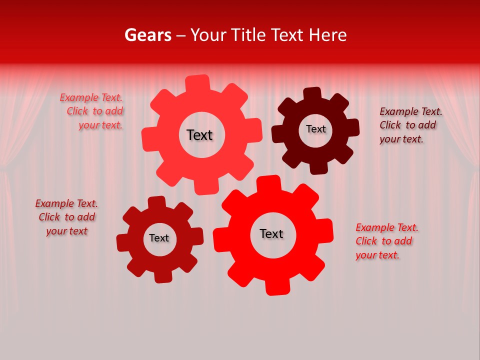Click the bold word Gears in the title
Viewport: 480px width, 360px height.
[148, 35]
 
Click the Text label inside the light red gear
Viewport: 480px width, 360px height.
[199, 135]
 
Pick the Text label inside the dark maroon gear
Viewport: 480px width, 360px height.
[316, 129]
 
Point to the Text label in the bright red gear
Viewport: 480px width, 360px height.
[271, 233]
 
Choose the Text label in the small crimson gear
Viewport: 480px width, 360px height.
[159, 238]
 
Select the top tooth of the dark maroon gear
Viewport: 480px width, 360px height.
[312, 94]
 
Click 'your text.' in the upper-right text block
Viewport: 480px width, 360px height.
[401, 139]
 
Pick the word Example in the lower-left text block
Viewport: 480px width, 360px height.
[54, 203]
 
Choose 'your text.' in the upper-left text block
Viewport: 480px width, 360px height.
[100, 125]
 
